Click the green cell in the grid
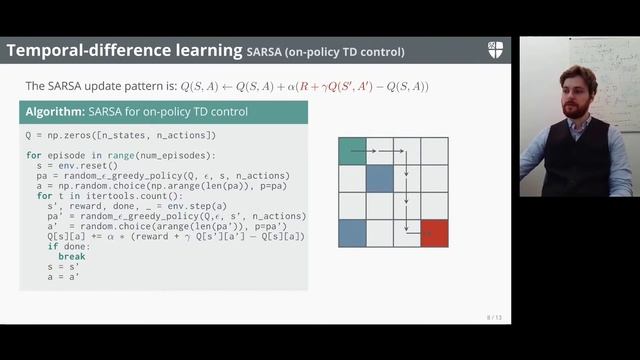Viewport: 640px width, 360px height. tap(352, 151)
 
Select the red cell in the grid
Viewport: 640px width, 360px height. tap(434, 233)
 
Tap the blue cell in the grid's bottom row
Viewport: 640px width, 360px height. tap(352, 233)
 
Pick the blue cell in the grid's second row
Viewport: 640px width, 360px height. tap(380, 179)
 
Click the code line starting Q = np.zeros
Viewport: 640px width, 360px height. tap(120, 134)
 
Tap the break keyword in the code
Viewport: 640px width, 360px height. tap(72, 257)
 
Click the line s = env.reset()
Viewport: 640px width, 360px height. tap(73, 166)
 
